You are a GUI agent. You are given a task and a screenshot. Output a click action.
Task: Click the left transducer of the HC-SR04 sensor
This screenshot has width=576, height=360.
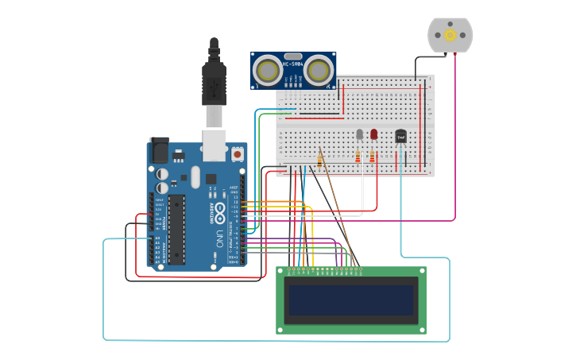click(x=268, y=71)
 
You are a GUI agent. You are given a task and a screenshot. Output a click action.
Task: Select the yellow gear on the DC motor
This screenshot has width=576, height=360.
click(x=450, y=35)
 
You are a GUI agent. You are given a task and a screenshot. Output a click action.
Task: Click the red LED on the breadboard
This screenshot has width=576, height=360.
click(x=374, y=134)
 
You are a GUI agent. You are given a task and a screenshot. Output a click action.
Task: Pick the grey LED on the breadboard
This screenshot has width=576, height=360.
click(x=360, y=134)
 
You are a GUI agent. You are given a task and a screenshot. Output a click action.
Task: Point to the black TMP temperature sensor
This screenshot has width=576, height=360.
click(x=401, y=137)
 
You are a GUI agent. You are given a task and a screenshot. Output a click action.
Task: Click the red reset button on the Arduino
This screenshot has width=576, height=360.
click(x=237, y=154)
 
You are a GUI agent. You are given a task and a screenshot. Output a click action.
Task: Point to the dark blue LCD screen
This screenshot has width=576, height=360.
click(x=350, y=300)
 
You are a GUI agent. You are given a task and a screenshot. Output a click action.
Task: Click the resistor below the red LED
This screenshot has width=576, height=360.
click(x=373, y=157)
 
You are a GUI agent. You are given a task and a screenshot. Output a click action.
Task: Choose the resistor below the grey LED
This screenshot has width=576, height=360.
click(x=358, y=157)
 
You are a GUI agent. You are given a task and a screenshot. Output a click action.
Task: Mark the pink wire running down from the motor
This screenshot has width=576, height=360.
click(x=455, y=135)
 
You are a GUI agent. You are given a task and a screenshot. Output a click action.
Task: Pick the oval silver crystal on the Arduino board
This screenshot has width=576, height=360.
click(x=195, y=177)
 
